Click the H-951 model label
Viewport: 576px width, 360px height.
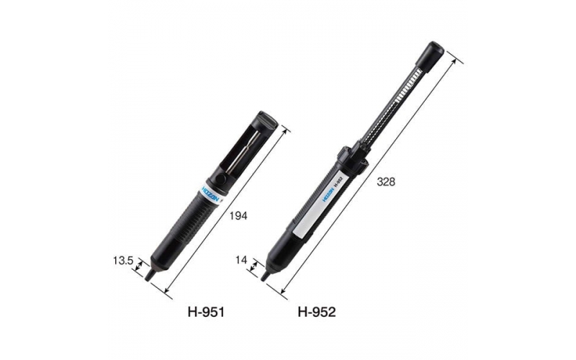click(207, 312)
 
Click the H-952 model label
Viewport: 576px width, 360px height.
click(317, 312)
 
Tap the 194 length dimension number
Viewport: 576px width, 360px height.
click(238, 216)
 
